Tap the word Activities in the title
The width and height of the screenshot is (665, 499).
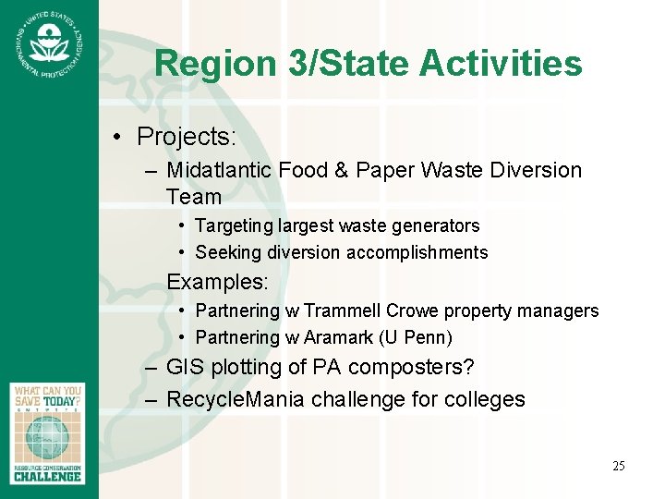click(501, 64)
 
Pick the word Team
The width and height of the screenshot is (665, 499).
click(194, 197)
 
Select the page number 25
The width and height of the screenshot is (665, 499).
click(618, 466)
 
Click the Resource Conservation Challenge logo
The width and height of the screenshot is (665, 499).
click(48, 432)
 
